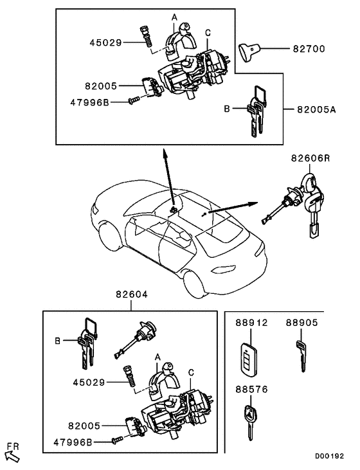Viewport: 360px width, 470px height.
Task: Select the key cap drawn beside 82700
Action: click(249, 51)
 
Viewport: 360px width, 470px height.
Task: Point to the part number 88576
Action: click(251, 389)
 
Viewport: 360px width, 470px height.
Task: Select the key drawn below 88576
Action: click(249, 421)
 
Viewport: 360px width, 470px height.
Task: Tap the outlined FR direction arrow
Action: click(12, 455)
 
